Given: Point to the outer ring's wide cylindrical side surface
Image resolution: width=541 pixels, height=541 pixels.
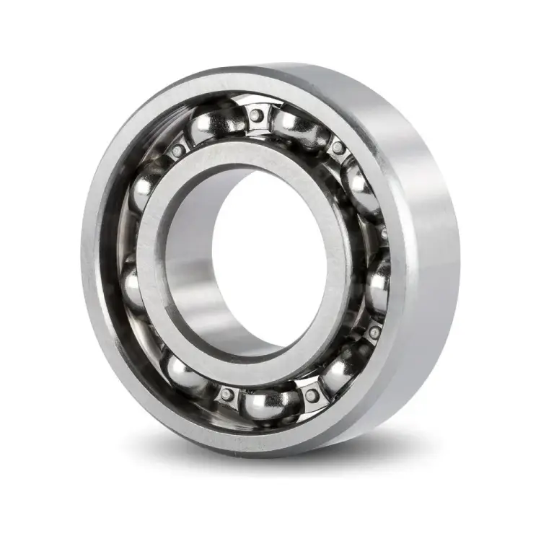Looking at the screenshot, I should pyautogui.click(x=426, y=238).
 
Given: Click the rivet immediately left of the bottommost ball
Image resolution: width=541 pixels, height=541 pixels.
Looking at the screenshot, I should pyautogui.click(x=228, y=395).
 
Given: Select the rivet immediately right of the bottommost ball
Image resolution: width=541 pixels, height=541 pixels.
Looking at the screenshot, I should pyautogui.click(x=311, y=395).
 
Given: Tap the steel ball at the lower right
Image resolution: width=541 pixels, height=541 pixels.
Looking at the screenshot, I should pyautogui.click(x=339, y=371).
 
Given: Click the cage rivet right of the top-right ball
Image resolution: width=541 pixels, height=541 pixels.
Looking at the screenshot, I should pyautogui.click(x=336, y=149).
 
